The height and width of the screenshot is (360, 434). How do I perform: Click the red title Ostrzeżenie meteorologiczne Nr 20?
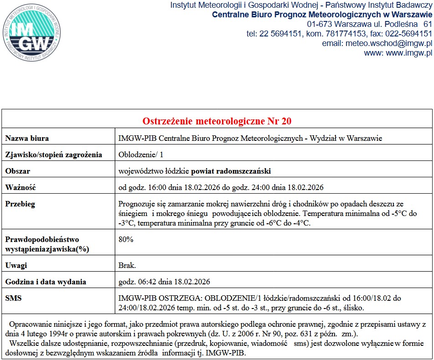tap(217, 121)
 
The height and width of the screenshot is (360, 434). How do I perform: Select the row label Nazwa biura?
tap(27, 138)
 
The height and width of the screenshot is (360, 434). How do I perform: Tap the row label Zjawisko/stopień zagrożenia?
tap(53, 154)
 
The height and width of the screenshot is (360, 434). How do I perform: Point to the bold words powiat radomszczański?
tap(231, 171)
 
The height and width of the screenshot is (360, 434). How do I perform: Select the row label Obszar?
tap(18, 171)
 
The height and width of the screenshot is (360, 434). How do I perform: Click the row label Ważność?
tap(20, 187)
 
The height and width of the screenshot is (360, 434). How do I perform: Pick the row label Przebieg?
tap(20, 204)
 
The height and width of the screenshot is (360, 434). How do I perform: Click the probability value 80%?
tap(125, 239)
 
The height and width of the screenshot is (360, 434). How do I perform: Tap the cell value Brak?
tap(127, 265)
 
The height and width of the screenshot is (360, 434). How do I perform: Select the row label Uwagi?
tap(16, 265)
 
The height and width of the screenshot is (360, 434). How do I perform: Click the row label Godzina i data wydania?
tap(46, 281)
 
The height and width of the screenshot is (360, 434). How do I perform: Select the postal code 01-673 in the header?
tap(320, 24)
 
